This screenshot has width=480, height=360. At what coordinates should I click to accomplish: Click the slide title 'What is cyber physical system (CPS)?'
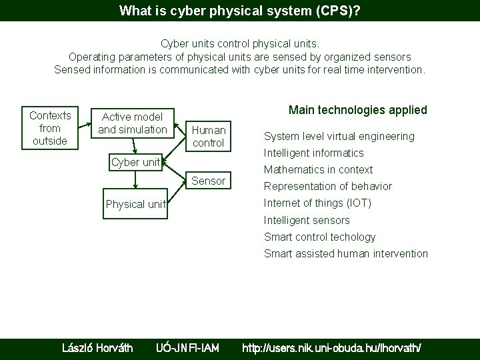(239, 11)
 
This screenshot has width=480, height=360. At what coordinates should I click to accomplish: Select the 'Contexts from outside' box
(49, 127)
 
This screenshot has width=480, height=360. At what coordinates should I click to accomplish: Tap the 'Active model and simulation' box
(133, 123)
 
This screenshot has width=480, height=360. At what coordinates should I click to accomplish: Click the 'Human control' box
(209, 136)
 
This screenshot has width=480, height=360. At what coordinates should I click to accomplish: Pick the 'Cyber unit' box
(135, 162)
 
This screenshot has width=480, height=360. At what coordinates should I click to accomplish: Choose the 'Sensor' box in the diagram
(209, 181)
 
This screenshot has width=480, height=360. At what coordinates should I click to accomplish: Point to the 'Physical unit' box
(135, 203)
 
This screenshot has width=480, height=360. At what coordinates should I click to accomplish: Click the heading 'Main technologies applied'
(357, 109)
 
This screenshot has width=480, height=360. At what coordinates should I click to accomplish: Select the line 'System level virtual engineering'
(339, 136)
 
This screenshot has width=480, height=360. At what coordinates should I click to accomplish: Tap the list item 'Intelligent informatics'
(313, 153)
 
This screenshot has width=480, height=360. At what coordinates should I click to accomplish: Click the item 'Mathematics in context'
(318, 169)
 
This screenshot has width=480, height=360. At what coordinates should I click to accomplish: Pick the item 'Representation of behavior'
(327, 186)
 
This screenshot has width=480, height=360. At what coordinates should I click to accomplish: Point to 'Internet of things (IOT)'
(317, 203)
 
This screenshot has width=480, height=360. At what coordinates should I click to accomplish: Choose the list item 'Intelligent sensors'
(306, 220)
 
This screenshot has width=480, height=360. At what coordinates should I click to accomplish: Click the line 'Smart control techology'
(319, 237)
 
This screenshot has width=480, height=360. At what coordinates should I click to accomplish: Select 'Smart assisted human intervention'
(345, 253)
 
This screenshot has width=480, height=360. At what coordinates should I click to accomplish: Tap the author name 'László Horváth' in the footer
(97, 347)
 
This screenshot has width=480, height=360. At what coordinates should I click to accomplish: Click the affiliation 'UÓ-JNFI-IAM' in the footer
(187, 347)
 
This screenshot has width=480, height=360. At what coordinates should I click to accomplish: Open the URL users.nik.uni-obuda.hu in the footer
(331, 347)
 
